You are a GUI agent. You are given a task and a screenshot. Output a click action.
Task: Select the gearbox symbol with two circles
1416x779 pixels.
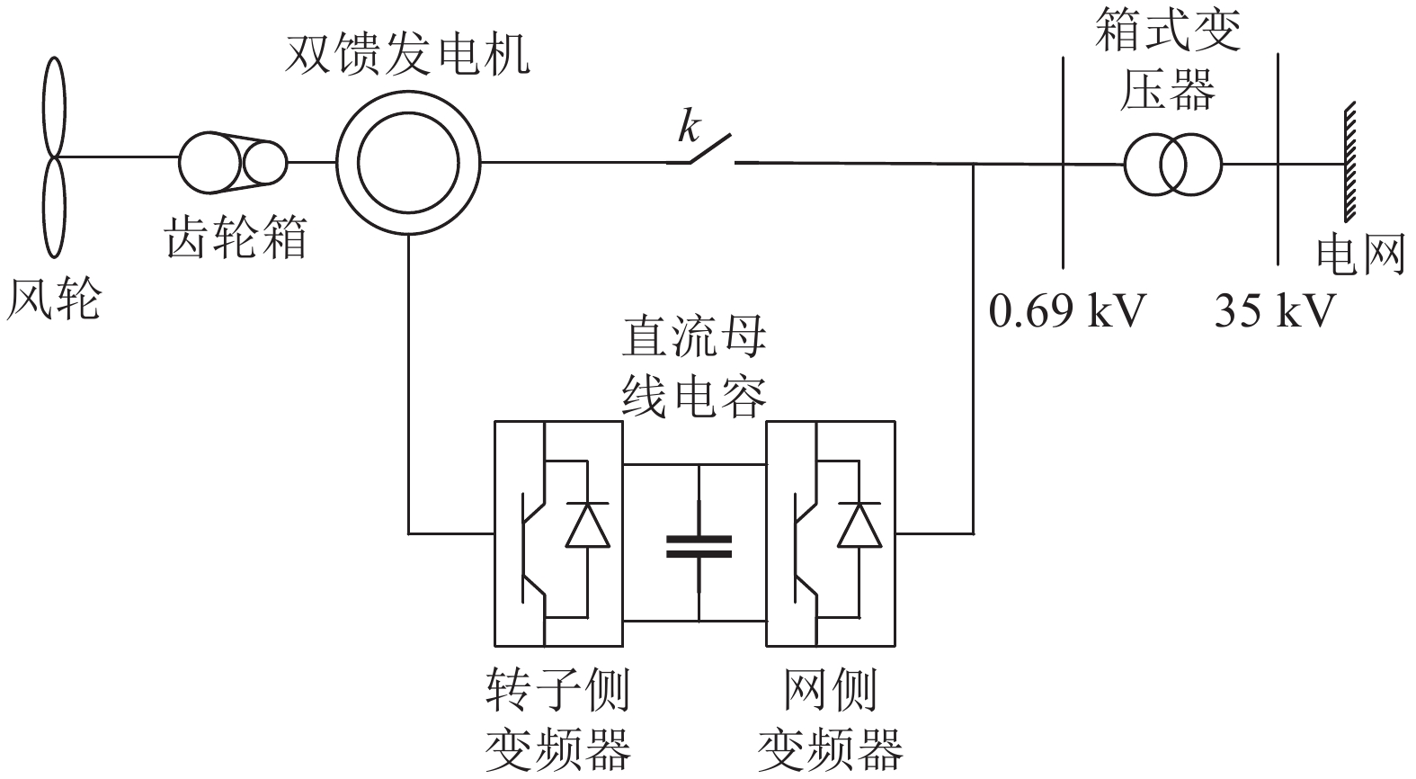(232, 163)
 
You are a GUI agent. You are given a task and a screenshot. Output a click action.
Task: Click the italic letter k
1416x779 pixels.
(688, 128)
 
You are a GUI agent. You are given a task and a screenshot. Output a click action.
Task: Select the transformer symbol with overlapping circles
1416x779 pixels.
(1171, 165)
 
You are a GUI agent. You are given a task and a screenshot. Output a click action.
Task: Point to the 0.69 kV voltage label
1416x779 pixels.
(1068, 311)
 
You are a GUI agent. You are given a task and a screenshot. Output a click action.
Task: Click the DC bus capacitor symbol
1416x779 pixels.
(699, 544)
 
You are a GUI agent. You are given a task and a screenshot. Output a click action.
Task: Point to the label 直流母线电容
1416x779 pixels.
(695, 369)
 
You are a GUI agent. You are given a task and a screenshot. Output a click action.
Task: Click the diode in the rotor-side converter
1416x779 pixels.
(587, 526)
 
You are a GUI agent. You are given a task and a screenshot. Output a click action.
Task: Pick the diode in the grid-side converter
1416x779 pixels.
(859, 526)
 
